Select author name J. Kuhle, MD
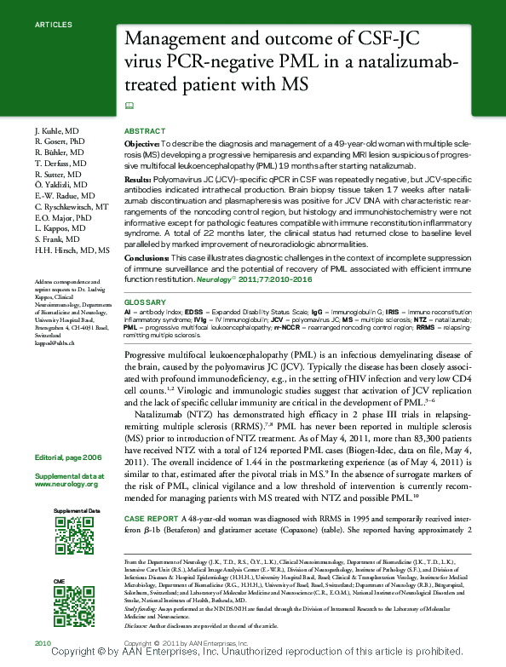57,129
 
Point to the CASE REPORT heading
152,518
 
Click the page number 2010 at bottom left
43,642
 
